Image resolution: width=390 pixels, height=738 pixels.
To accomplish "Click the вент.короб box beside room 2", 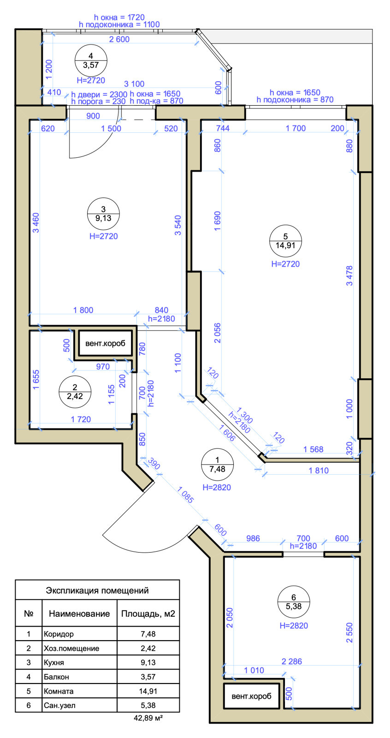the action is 106,343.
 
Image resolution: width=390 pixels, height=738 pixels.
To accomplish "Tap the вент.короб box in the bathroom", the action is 251,696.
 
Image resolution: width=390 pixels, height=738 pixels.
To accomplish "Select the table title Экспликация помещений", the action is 97,590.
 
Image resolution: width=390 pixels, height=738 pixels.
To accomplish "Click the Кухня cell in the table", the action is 54,662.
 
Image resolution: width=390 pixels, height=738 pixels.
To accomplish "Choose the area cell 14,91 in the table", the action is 148,691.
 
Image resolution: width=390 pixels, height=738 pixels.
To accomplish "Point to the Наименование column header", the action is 79,613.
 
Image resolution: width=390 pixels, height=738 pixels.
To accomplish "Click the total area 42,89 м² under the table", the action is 148,718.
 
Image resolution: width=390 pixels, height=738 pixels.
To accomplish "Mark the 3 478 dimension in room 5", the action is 349,276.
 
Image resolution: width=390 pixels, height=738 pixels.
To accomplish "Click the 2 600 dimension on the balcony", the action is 119,39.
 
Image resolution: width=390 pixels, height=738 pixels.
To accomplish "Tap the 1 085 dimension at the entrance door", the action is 185,494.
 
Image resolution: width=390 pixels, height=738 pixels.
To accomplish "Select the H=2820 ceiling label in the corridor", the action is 217,487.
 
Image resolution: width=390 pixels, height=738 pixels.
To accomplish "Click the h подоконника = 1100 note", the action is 119,24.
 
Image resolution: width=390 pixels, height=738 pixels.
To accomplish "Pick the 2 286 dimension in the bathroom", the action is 292,661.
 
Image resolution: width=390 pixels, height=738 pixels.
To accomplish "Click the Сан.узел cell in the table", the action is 59,705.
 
